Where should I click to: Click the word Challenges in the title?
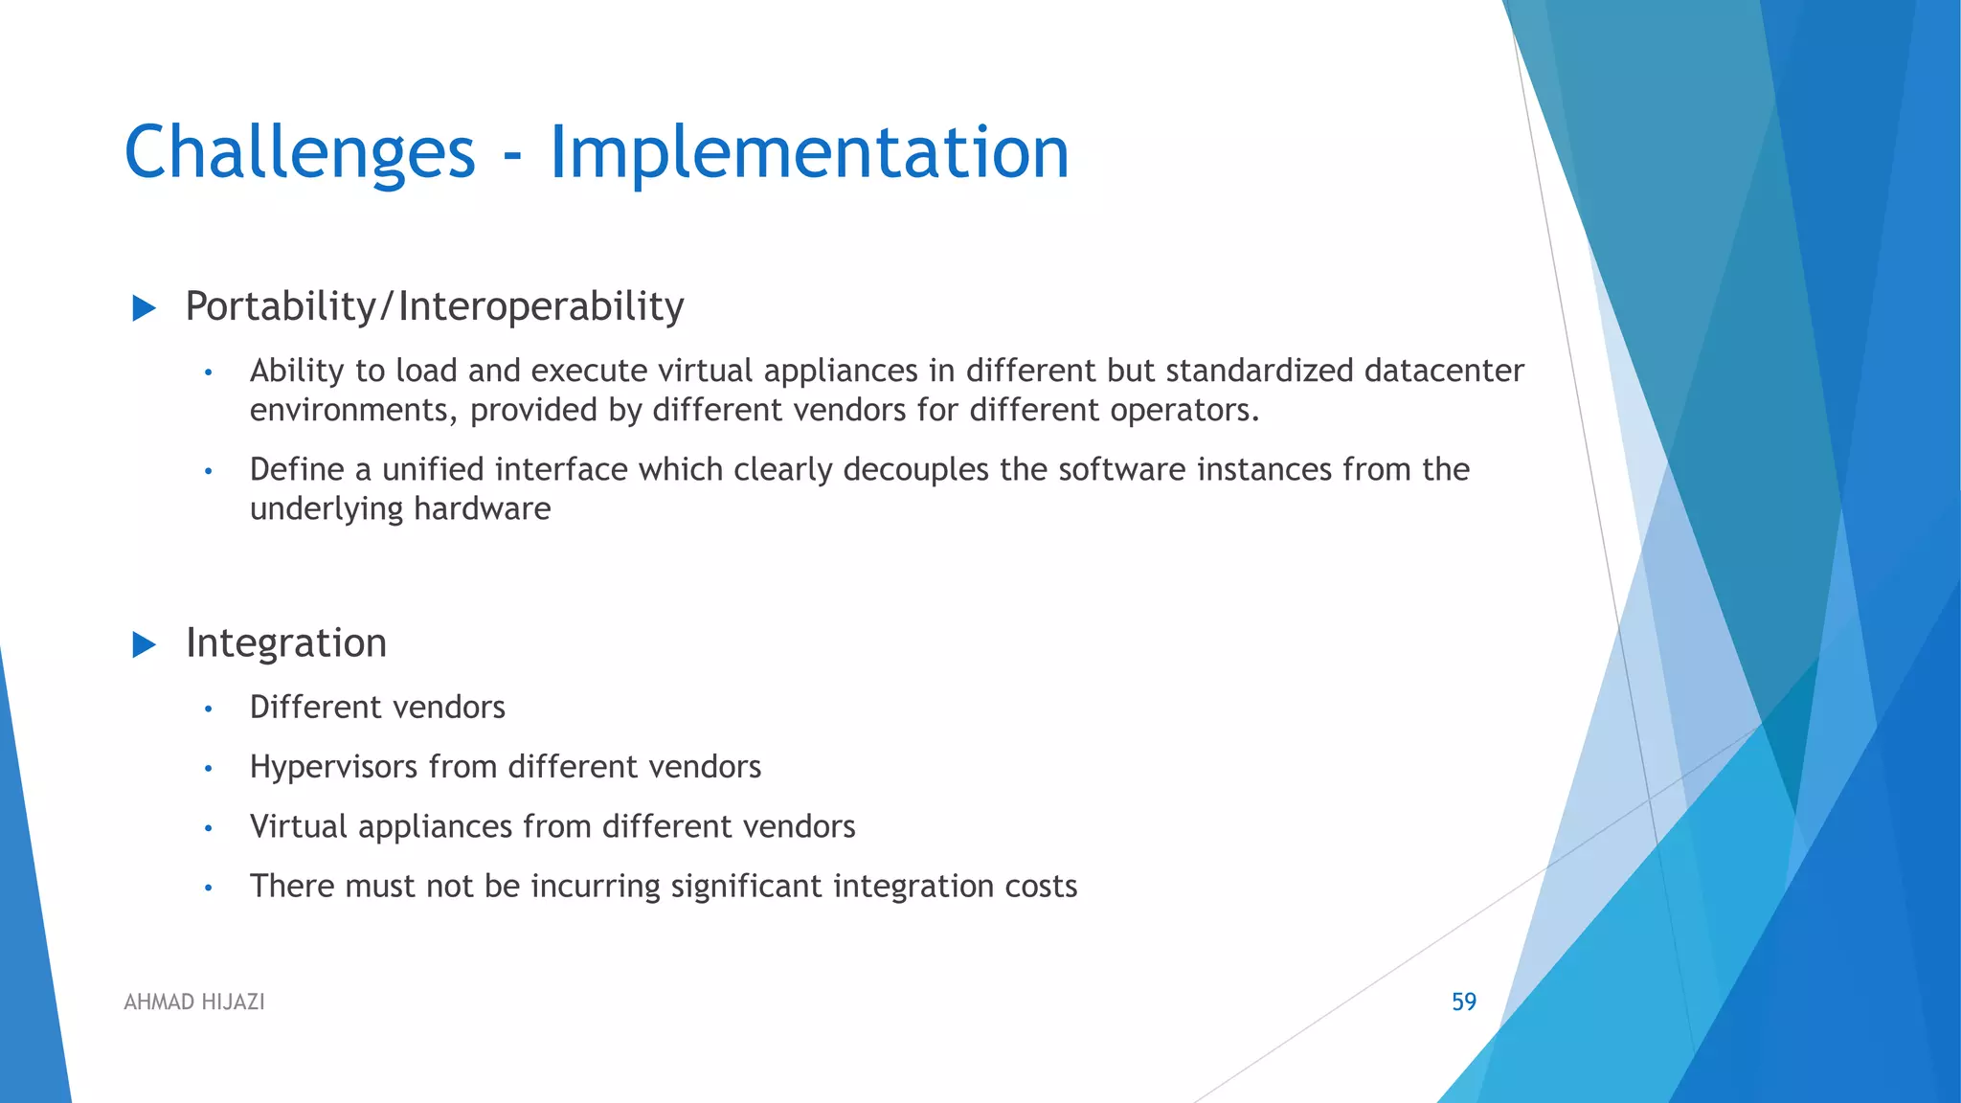pyautogui.click(x=300, y=153)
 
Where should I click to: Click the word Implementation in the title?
pyautogui.click(x=809, y=153)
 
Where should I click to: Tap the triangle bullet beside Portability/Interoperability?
pyautogui.click(x=144, y=308)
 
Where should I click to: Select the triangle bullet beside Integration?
pyautogui.click(x=144, y=644)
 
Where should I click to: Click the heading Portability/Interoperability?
pyautogui.click(x=435, y=307)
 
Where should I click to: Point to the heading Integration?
pyautogui.click(x=286, y=643)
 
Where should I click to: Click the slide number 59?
pyautogui.click(x=1464, y=1002)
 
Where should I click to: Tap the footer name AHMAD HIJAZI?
pyautogui.click(x=194, y=1002)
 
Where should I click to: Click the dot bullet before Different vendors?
pyautogui.click(x=208, y=709)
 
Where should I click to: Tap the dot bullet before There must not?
pyautogui.click(x=208, y=889)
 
